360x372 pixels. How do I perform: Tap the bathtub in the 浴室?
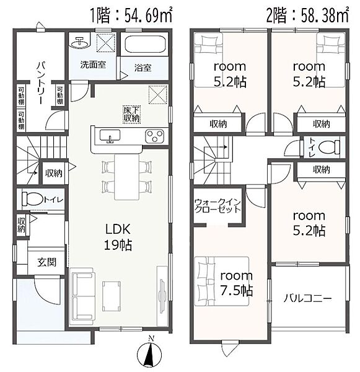145,44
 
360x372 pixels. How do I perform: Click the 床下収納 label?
132,114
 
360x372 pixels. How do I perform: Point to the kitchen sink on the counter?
110,136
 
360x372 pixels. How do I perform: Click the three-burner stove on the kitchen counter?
154,136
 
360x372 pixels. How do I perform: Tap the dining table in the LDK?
126,177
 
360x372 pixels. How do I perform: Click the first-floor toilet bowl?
32,199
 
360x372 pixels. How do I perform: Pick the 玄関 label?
47,262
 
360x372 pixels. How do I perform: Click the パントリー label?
40,82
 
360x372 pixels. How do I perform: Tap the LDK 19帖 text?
118,237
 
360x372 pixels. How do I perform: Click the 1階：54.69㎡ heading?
131,15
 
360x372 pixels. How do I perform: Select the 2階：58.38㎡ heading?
307,15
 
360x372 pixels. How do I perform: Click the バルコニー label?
307,298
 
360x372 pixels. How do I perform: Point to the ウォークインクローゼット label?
217,206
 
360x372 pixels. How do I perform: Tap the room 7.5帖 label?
237,283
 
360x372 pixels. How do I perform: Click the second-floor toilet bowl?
328,148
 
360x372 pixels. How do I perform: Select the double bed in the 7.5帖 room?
222,281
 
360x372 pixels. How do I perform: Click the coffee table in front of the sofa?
112,296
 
